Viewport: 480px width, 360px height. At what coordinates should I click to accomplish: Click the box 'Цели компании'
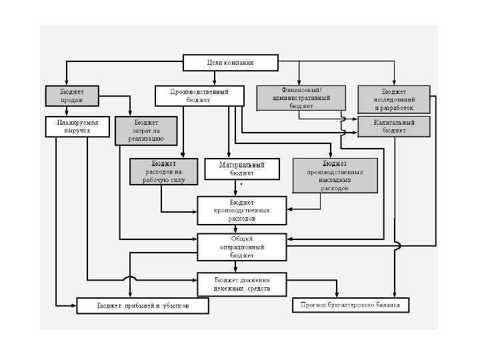point(230,63)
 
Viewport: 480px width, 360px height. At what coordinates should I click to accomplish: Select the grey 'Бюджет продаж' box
point(71,95)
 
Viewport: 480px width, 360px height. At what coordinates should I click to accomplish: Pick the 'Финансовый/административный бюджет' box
point(301,97)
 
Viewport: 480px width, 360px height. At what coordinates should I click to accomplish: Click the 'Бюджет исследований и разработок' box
point(394,99)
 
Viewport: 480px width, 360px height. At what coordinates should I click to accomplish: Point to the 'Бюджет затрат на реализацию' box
point(146,131)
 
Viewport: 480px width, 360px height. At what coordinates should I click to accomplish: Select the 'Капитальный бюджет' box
point(394,127)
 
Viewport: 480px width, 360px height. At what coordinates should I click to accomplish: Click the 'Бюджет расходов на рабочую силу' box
point(163,171)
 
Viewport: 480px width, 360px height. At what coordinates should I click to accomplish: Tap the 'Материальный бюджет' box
point(242,169)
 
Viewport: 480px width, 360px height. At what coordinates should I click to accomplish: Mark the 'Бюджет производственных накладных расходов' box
point(334,175)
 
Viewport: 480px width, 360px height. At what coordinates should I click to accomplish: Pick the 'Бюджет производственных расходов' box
point(242,210)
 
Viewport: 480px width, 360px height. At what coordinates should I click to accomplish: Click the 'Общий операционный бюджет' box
point(242,247)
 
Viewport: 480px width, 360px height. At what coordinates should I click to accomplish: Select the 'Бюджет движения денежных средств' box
point(242,283)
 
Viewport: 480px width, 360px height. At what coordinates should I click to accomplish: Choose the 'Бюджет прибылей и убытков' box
point(143,306)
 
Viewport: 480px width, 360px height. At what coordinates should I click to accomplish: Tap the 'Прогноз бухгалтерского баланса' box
point(351,305)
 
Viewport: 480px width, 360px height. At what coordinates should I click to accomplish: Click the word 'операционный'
point(242,247)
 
